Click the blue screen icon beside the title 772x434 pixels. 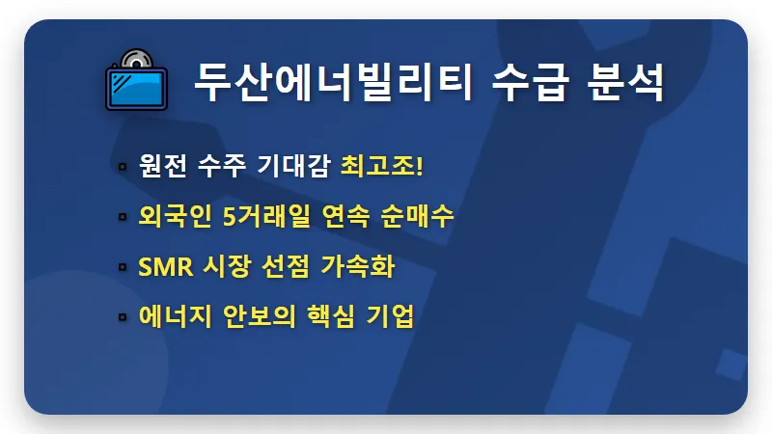coord(136,88)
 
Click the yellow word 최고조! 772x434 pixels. coord(382,165)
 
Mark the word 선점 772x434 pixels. coord(286,266)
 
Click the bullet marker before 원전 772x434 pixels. coord(122,166)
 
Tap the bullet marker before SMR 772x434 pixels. coord(122,267)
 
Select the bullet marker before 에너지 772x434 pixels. coord(122,317)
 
